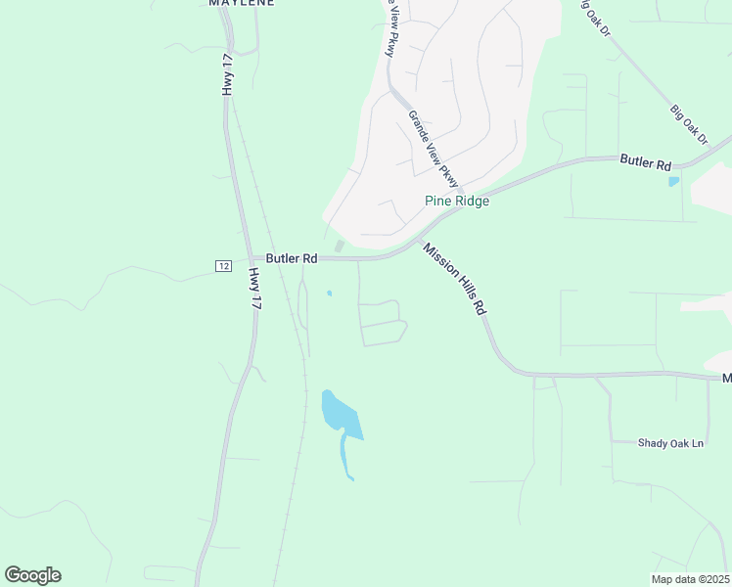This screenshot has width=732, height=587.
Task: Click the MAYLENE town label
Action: click(x=241, y=3)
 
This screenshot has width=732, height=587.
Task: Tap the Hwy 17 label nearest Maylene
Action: click(x=228, y=74)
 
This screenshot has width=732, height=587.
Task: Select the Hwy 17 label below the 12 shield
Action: click(x=255, y=290)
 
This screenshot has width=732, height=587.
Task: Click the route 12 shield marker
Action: click(x=223, y=266)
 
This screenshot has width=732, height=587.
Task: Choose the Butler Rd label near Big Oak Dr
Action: click(x=645, y=162)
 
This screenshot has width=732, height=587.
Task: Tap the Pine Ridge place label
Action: click(x=456, y=201)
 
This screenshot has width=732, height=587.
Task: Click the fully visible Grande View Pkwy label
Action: click(x=434, y=148)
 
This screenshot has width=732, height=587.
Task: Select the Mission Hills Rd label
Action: click(x=455, y=278)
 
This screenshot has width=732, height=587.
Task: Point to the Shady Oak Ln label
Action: click(x=670, y=443)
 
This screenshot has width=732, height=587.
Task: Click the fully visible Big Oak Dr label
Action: click(x=689, y=124)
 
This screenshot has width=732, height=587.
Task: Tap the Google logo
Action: click(x=32, y=575)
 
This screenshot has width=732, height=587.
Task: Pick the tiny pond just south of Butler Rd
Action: click(x=329, y=293)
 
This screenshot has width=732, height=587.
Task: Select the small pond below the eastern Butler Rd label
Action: click(x=673, y=181)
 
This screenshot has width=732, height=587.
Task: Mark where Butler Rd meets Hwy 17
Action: click(x=245, y=259)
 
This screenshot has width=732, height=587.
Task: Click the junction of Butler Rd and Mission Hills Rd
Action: click(x=418, y=240)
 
